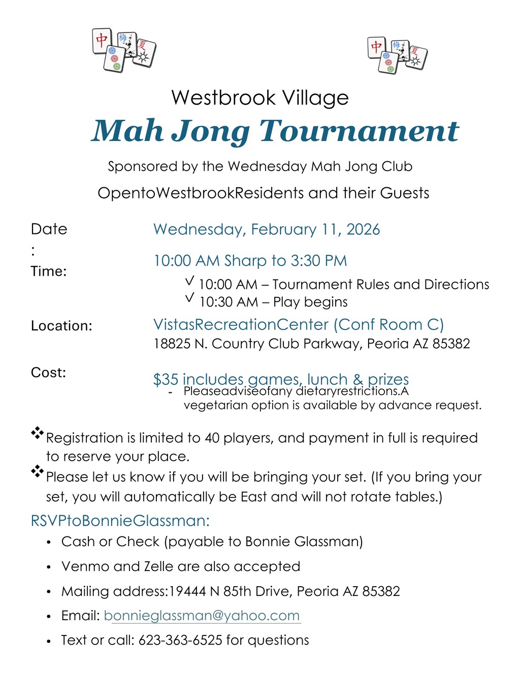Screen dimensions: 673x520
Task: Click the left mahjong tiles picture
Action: [x=124, y=50]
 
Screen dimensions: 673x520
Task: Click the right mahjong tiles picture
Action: [x=397, y=55]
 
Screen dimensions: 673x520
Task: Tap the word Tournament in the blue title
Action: [x=359, y=131]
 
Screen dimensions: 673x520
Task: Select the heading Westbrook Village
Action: [x=260, y=97]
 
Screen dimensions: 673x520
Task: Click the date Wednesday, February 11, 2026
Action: [x=267, y=229]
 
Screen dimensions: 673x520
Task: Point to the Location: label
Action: [x=61, y=326]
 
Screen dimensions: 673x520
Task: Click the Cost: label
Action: [x=49, y=373]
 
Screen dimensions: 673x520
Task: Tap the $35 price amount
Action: [x=166, y=379]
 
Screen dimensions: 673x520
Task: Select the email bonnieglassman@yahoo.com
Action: [x=202, y=616]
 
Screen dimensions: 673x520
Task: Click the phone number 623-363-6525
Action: [x=180, y=641]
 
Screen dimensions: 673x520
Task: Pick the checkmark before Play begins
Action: [x=190, y=298]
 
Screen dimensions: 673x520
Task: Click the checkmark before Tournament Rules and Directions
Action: [x=190, y=280]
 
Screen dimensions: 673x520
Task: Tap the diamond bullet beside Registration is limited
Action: [x=37, y=433]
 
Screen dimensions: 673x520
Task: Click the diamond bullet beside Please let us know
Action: [x=37, y=472]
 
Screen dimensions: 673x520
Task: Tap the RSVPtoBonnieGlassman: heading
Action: [x=120, y=521]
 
